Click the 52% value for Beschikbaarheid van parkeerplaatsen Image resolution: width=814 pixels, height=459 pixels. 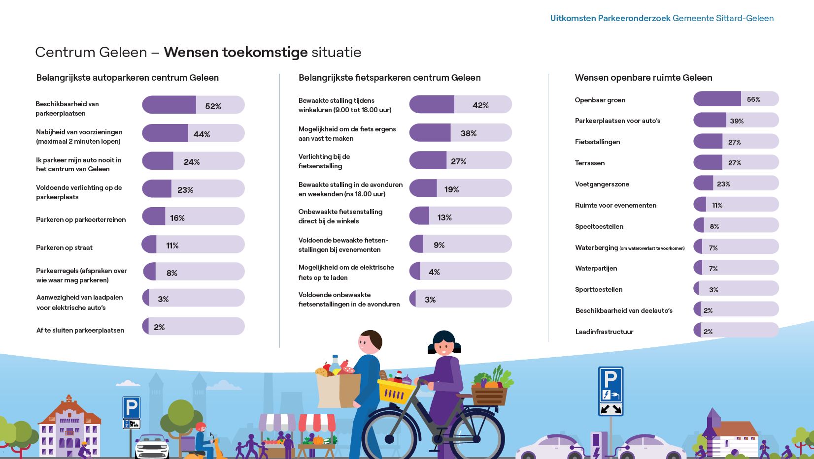coord(213,106)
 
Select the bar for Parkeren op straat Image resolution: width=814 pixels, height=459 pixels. coord(193,245)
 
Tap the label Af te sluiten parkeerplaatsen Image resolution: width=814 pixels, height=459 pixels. coord(80,330)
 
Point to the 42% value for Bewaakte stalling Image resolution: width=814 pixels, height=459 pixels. coord(480,105)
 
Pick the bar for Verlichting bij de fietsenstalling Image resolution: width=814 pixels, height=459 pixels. coord(460,160)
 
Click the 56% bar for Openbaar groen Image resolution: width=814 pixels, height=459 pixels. coord(736,99)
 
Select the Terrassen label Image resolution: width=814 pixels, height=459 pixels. coord(590,163)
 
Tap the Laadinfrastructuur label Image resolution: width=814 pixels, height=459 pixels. coord(604,332)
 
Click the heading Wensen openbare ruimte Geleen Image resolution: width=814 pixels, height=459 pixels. coord(643,78)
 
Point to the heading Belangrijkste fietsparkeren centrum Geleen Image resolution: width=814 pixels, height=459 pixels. coord(389,78)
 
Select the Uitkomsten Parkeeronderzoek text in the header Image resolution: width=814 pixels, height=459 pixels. coord(610,18)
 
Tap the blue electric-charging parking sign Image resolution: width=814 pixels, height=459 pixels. coord(610,391)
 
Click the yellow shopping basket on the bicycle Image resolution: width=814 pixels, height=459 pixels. coord(395,392)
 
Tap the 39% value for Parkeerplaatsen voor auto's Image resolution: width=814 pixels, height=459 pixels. coord(737,121)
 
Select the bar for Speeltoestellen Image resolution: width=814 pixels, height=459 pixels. coord(736,225)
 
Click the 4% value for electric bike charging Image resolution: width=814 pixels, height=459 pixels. coord(434,272)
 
